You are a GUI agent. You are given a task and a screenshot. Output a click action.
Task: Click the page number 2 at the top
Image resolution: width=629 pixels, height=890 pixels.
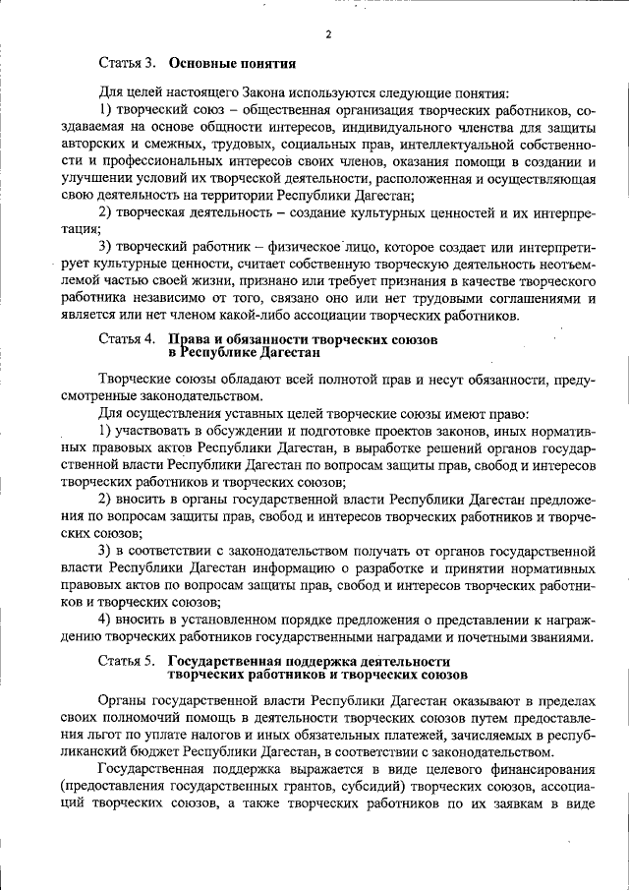(x=328, y=34)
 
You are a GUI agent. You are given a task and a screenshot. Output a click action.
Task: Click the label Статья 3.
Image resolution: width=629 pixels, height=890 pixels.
(x=128, y=66)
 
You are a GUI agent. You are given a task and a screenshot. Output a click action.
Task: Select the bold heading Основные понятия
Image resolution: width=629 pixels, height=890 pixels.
(x=232, y=66)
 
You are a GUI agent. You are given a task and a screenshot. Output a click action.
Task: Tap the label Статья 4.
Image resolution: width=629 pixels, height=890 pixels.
(x=128, y=338)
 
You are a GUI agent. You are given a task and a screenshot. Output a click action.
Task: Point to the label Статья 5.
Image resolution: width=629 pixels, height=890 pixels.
(x=128, y=661)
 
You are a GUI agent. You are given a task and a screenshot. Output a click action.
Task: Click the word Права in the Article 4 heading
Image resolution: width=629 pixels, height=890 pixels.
(x=192, y=338)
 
